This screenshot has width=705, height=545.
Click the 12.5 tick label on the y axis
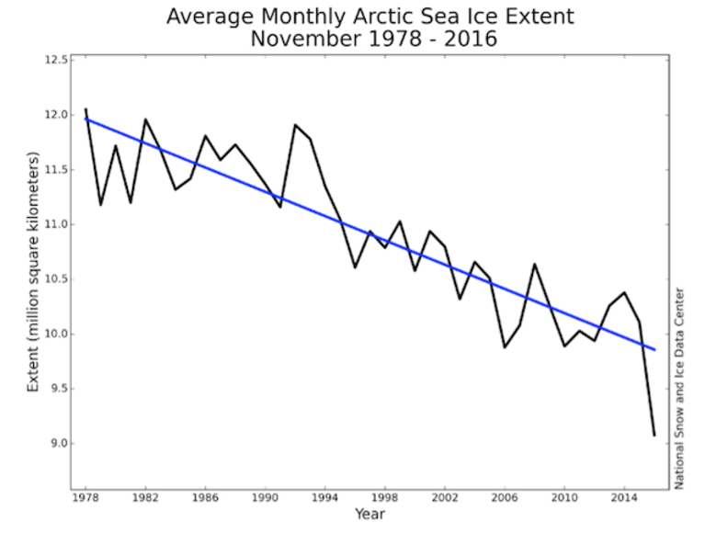pyautogui.click(x=56, y=61)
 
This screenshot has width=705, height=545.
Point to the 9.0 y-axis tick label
pyautogui.click(x=59, y=443)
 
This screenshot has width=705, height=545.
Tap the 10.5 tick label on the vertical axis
pyautogui.click(x=56, y=279)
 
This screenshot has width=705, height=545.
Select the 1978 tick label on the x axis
pyautogui.click(x=85, y=498)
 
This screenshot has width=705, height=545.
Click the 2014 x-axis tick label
pyautogui.click(x=624, y=498)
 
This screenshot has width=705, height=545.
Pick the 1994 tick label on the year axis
pyautogui.click(x=325, y=498)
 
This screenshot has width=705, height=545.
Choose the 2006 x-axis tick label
pyautogui.click(x=505, y=498)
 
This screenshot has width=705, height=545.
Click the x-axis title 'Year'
pyautogui.click(x=370, y=514)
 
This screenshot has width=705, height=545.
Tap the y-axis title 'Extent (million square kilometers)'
pyautogui.click(x=33, y=272)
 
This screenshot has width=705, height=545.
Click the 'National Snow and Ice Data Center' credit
pyautogui.click(x=679, y=389)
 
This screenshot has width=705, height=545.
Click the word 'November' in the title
pyautogui.click(x=306, y=39)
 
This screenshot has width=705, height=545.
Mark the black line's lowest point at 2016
pyautogui.click(x=654, y=436)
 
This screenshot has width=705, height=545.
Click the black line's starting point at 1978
pyautogui.click(x=85, y=108)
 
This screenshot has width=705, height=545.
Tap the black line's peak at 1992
pyautogui.click(x=295, y=125)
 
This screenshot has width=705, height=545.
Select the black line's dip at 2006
pyautogui.click(x=505, y=347)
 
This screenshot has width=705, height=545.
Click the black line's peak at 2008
pyautogui.click(x=535, y=264)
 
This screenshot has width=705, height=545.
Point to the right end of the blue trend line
pyautogui.click(x=654, y=350)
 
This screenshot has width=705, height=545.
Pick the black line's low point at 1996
pyautogui.click(x=355, y=267)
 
